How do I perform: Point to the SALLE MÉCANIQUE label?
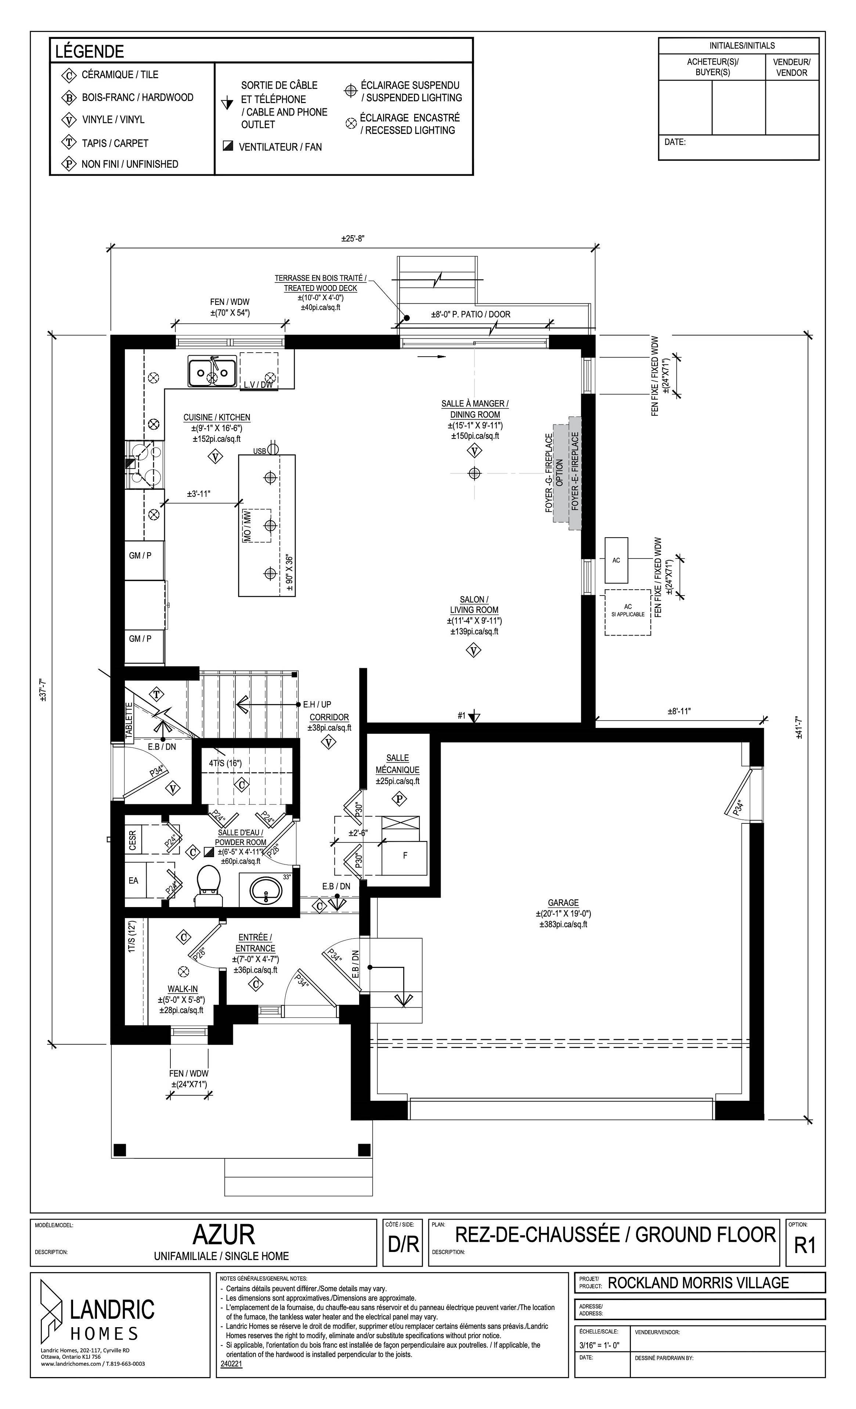398,764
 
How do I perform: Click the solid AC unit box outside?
616,560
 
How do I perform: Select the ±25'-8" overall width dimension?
353,239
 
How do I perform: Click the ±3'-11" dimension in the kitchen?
199,494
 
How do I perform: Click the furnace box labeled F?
405,856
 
